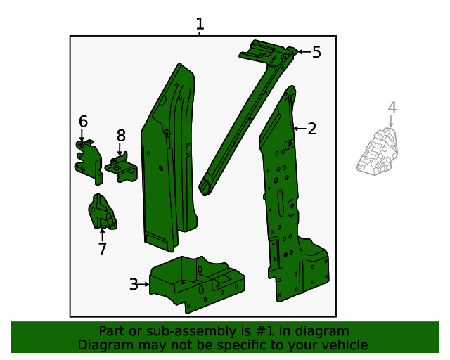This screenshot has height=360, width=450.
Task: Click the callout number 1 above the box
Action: (x=200, y=24)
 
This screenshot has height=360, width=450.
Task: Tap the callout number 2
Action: (x=311, y=129)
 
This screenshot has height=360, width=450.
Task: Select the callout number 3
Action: (x=134, y=284)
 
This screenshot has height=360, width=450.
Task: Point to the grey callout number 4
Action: (x=392, y=108)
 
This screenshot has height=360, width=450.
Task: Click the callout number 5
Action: (x=316, y=52)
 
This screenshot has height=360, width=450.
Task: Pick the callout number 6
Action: (x=83, y=122)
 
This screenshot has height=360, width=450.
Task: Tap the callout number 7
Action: (x=103, y=249)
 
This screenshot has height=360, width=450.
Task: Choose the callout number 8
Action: (x=121, y=136)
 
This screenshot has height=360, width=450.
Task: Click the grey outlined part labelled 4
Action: (x=377, y=152)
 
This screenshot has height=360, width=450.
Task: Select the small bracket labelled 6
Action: (x=89, y=162)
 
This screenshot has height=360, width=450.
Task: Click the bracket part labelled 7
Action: (x=102, y=212)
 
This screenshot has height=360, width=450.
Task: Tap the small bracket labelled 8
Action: (x=122, y=167)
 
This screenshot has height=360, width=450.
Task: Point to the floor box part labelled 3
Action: (x=197, y=284)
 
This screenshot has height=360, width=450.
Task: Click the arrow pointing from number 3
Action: (x=143, y=284)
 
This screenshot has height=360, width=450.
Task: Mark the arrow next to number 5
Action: (x=304, y=52)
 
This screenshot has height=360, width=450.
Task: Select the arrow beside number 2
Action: (x=300, y=129)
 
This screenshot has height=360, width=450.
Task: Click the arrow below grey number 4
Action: (x=391, y=121)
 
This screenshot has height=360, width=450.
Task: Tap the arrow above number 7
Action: (x=102, y=234)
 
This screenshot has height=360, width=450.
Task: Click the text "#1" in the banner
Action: (x=264, y=331)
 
